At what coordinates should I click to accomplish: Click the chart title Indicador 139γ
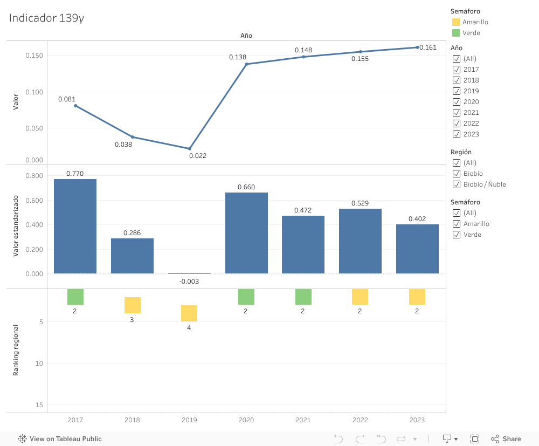click(x=46, y=18)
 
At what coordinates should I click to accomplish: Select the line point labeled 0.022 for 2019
click(x=189, y=149)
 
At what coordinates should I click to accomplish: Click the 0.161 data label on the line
click(x=428, y=47)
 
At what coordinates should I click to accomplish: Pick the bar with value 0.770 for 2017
click(x=75, y=227)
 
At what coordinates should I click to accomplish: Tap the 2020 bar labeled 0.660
click(x=246, y=233)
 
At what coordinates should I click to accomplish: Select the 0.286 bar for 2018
click(x=132, y=256)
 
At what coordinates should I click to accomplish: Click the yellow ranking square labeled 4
click(x=189, y=313)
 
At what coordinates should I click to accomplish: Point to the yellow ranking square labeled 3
click(x=132, y=305)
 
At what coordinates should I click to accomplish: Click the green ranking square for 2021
click(x=303, y=297)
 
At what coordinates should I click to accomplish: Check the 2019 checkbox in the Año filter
click(x=457, y=91)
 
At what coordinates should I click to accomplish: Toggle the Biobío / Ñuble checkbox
click(x=457, y=184)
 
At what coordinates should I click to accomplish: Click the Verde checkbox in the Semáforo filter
click(x=457, y=235)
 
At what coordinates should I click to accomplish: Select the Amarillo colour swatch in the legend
click(x=456, y=22)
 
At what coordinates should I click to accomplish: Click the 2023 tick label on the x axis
click(x=417, y=420)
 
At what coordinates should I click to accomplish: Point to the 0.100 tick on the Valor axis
click(x=34, y=92)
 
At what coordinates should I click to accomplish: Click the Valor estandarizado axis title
click(x=16, y=226)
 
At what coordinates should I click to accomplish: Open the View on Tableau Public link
click(x=60, y=439)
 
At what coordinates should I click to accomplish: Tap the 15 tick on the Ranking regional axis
click(x=40, y=405)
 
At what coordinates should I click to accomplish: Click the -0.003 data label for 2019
click(x=189, y=282)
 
